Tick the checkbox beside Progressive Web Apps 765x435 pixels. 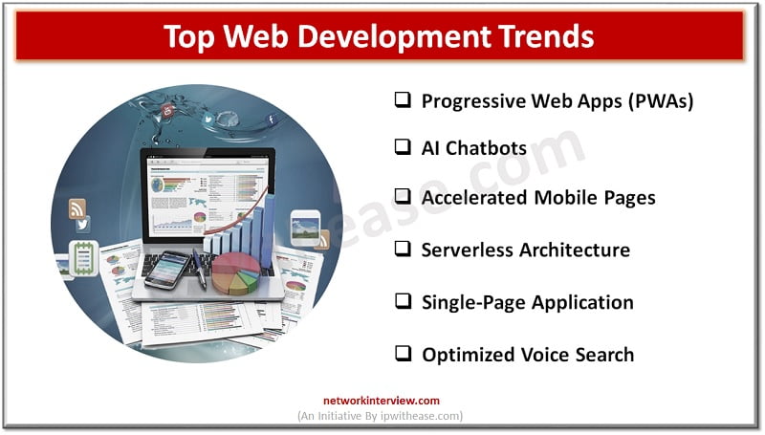(x=403, y=100)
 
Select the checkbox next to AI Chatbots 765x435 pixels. (x=403, y=147)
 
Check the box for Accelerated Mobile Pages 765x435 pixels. (x=403, y=197)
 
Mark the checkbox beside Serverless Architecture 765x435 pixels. (x=403, y=250)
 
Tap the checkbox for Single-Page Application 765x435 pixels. (x=403, y=302)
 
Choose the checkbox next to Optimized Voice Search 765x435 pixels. (x=403, y=354)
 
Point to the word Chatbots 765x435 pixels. (x=492, y=148)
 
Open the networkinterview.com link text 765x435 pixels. (x=382, y=401)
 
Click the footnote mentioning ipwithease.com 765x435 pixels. (x=382, y=417)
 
